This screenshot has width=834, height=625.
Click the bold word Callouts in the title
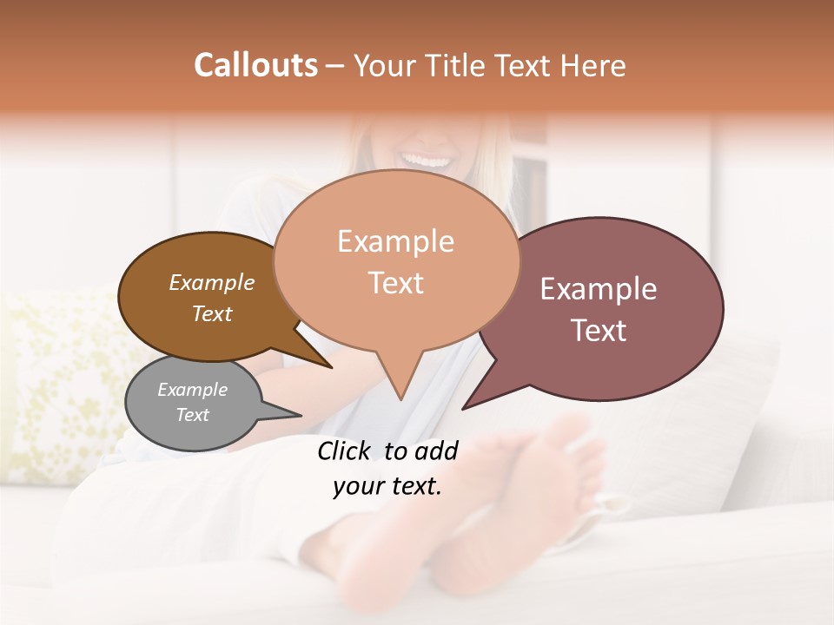(255, 65)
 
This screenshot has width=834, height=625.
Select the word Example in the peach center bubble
(395, 241)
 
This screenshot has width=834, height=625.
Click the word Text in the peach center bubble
(395, 283)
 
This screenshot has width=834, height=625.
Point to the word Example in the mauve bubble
(599, 289)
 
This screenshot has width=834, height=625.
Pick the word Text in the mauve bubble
(599, 331)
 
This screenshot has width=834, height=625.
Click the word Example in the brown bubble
(212, 282)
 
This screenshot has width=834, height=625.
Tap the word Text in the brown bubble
(212, 313)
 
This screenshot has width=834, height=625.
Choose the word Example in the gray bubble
(192, 390)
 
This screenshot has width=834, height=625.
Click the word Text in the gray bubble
(192, 415)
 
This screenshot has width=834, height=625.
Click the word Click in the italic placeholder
(344, 451)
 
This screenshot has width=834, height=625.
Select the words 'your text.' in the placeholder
(387, 486)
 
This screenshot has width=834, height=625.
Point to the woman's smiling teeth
(427, 161)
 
